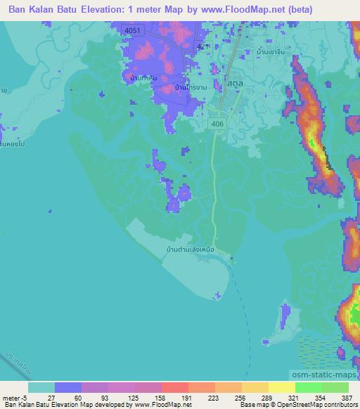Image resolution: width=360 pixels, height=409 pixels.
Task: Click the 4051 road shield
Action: [131, 30]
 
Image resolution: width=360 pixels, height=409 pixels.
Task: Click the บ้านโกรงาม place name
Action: [190, 88]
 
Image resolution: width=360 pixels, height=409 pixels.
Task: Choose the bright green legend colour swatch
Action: [309, 387]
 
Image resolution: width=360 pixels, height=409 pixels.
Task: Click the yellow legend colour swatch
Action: [282, 387]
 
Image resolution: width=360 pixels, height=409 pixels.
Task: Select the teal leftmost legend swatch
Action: [41, 387]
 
